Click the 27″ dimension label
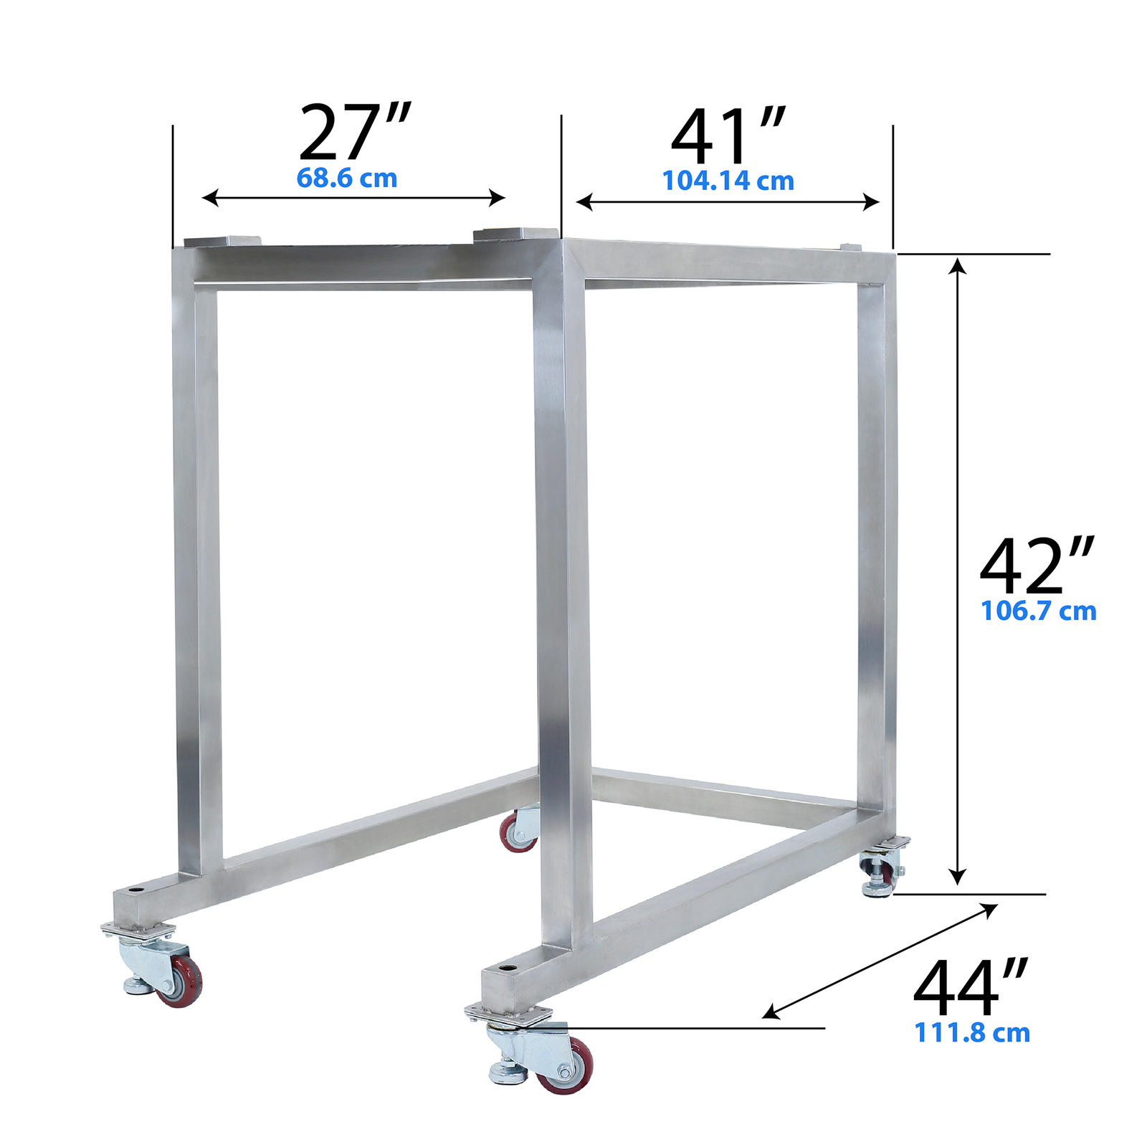(x=354, y=133)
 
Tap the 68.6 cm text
(x=347, y=178)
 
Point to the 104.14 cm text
(x=728, y=181)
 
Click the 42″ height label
(x=1036, y=566)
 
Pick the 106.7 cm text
(x=1038, y=611)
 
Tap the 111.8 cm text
(x=972, y=1033)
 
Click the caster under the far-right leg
(x=883, y=871)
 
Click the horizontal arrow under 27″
(x=353, y=198)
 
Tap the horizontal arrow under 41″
(x=728, y=202)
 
